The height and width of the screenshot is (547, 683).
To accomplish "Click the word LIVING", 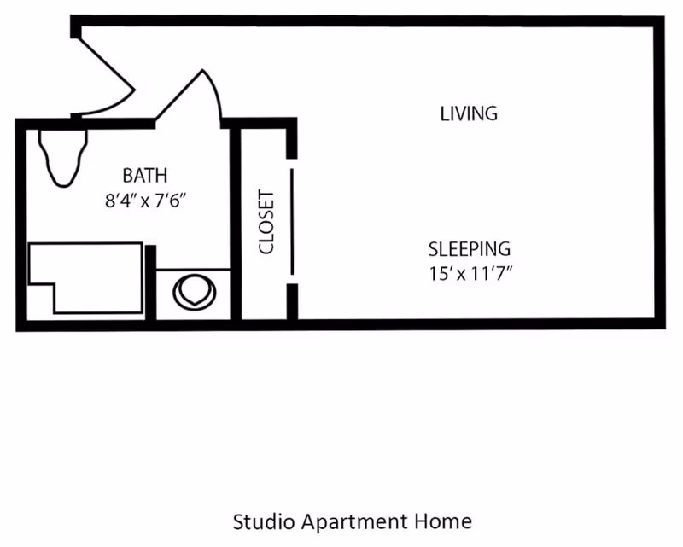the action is [469, 113].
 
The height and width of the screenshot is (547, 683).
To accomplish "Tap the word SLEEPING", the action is [469, 249].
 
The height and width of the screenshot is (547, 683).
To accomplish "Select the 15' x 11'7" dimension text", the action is [470, 273].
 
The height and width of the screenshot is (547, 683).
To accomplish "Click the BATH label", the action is [145, 176].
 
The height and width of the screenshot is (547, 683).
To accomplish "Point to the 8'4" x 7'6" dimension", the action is [145, 201].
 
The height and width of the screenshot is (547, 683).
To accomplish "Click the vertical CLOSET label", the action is [266, 222].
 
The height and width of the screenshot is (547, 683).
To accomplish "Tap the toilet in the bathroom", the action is [63, 158].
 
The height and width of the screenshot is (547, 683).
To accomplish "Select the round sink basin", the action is [195, 292].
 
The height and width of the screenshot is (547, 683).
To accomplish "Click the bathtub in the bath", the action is [86, 278].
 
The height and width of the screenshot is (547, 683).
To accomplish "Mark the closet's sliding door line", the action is [292, 222].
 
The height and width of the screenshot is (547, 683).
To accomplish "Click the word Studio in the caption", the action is [264, 521].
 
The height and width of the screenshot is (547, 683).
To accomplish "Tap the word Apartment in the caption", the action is [354, 522].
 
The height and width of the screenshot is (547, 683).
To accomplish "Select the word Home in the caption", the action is [443, 521].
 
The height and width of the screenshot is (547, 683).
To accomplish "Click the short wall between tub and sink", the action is [151, 282].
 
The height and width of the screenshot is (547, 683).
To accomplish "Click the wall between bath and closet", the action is [236, 224].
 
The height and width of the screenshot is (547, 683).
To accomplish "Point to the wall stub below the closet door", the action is [292, 302].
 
